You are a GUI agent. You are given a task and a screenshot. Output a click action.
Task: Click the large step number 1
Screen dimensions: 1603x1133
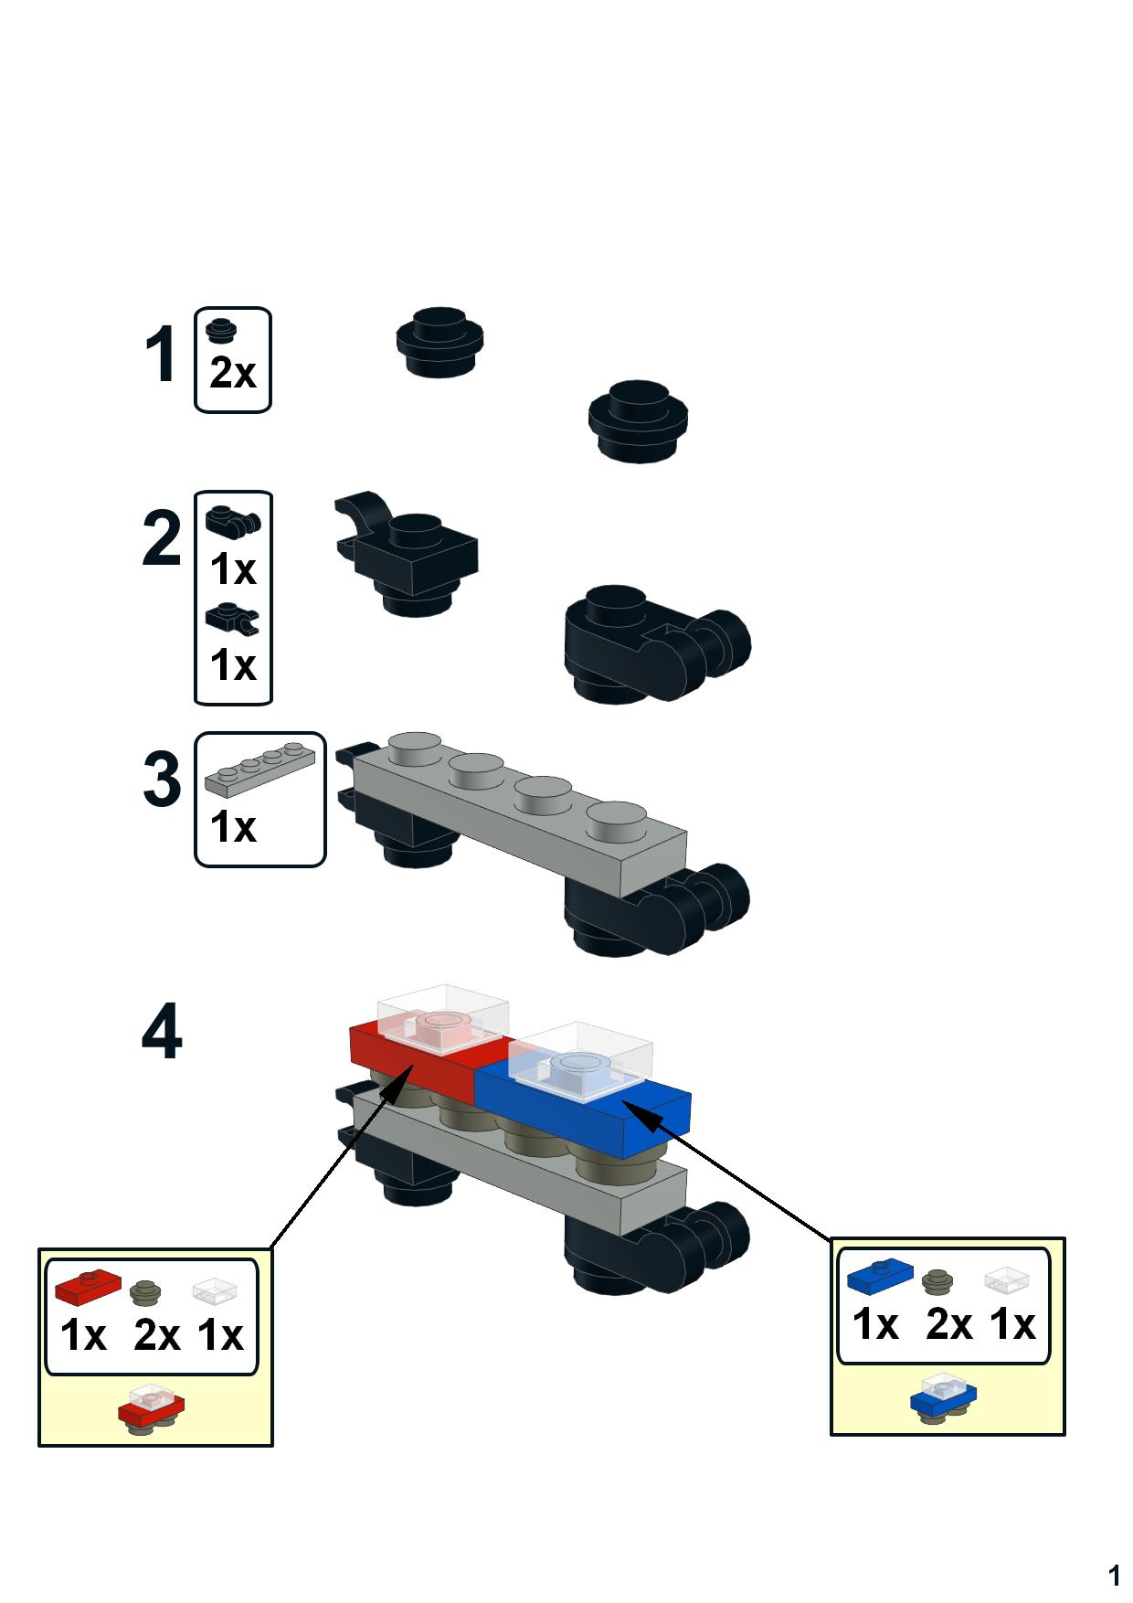(161, 356)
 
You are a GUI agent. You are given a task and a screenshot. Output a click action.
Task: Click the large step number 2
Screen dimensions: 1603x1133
(163, 540)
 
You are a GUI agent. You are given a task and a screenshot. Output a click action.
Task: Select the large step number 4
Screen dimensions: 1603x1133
(162, 1033)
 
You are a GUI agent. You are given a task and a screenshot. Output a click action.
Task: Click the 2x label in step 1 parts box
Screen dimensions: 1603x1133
(233, 373)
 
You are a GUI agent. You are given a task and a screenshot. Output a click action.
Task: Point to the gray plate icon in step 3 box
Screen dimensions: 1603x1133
(260, 766)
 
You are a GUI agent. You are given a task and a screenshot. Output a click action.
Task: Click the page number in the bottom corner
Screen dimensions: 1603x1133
(1114, 1576)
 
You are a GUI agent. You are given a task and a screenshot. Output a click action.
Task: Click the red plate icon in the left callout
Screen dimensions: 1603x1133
(88, 1288)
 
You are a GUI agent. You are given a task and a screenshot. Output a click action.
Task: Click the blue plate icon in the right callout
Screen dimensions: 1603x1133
(880, 1277)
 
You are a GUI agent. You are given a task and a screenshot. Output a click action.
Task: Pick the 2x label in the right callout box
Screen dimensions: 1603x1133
(948, 1324)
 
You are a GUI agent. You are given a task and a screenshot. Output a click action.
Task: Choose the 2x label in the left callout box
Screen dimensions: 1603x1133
(156, 1335)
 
